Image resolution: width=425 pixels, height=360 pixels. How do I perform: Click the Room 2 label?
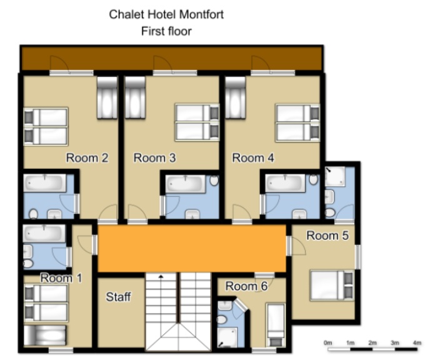87,157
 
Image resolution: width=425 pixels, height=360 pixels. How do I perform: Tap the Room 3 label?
154,157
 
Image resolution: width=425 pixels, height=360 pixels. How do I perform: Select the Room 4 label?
253,157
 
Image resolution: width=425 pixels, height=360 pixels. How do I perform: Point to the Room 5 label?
327,236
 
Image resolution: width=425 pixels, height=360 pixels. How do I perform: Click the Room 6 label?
246,286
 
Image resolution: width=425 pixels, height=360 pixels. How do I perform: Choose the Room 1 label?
61,278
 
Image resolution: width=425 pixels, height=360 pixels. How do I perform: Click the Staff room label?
119,297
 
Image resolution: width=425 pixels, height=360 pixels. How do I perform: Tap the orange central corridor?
192,248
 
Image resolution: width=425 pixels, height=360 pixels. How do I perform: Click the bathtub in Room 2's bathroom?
45,183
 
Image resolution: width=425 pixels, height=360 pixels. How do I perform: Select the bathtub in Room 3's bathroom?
186,184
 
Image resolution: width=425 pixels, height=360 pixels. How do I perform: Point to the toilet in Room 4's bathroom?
314,179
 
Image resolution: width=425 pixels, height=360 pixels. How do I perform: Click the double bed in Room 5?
332,285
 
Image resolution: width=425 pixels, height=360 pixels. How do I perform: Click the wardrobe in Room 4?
236,97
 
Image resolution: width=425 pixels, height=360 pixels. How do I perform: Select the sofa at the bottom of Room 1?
45,335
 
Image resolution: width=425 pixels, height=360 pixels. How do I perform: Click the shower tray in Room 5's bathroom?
335,176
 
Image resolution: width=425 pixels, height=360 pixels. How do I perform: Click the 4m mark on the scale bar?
417,342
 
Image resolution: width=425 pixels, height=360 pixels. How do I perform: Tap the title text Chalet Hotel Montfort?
166,14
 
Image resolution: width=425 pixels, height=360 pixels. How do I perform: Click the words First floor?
166,31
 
